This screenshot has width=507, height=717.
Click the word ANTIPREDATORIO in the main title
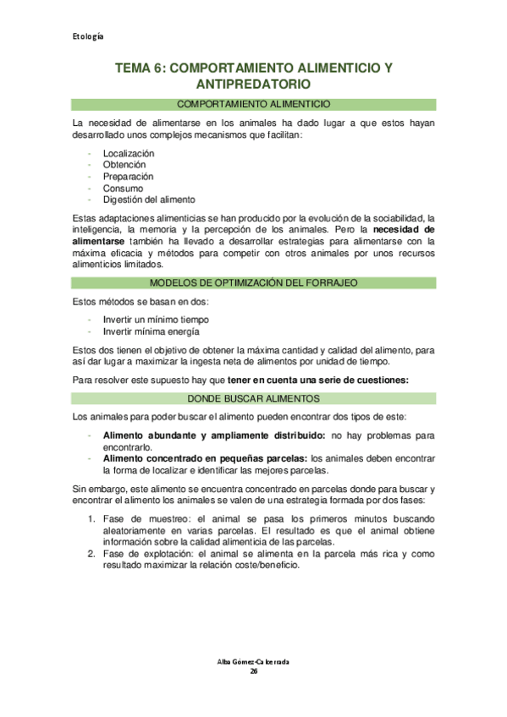(x=253, y=85)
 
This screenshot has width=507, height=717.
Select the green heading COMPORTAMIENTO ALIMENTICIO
(x=253, y=104)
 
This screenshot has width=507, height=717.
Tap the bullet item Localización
(x=129, y=153)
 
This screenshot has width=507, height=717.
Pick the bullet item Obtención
(x=124, y=165)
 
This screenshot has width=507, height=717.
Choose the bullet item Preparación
(x=128, y=177)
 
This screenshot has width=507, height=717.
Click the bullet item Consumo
(x=123, y=189)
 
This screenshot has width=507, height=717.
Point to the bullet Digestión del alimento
(x=149, y=200)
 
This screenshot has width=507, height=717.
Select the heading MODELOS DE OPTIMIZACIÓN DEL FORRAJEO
(x=253, y=282)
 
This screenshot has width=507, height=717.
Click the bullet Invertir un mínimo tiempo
(x=155, y=320)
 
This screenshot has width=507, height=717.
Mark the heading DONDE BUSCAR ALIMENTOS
(x=253, y=397)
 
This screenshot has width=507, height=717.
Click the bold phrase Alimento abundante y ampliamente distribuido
(x=213, y=435)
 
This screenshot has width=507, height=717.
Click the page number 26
(x=253, y=672)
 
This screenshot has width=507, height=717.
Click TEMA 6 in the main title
(x=141, y=67)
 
